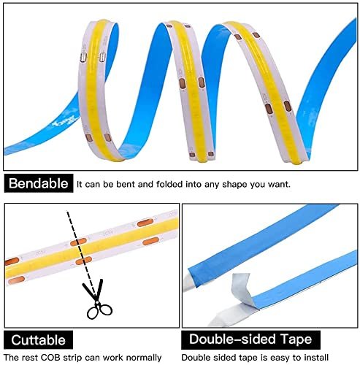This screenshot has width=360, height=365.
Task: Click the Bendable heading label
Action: pos(39,183)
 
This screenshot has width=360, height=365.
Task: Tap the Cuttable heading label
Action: pos(38,340)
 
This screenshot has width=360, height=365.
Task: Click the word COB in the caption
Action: pos(50,358)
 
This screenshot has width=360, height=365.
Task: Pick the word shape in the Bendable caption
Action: pos(235,184)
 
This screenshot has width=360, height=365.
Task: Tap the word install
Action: pos(315,358)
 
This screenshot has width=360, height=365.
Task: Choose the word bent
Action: pos(126,184)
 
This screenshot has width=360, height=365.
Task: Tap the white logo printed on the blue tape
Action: pos(62,123)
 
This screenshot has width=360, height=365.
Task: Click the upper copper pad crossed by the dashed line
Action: pos(78,242)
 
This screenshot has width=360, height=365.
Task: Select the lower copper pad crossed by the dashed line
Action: pos(84,261)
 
